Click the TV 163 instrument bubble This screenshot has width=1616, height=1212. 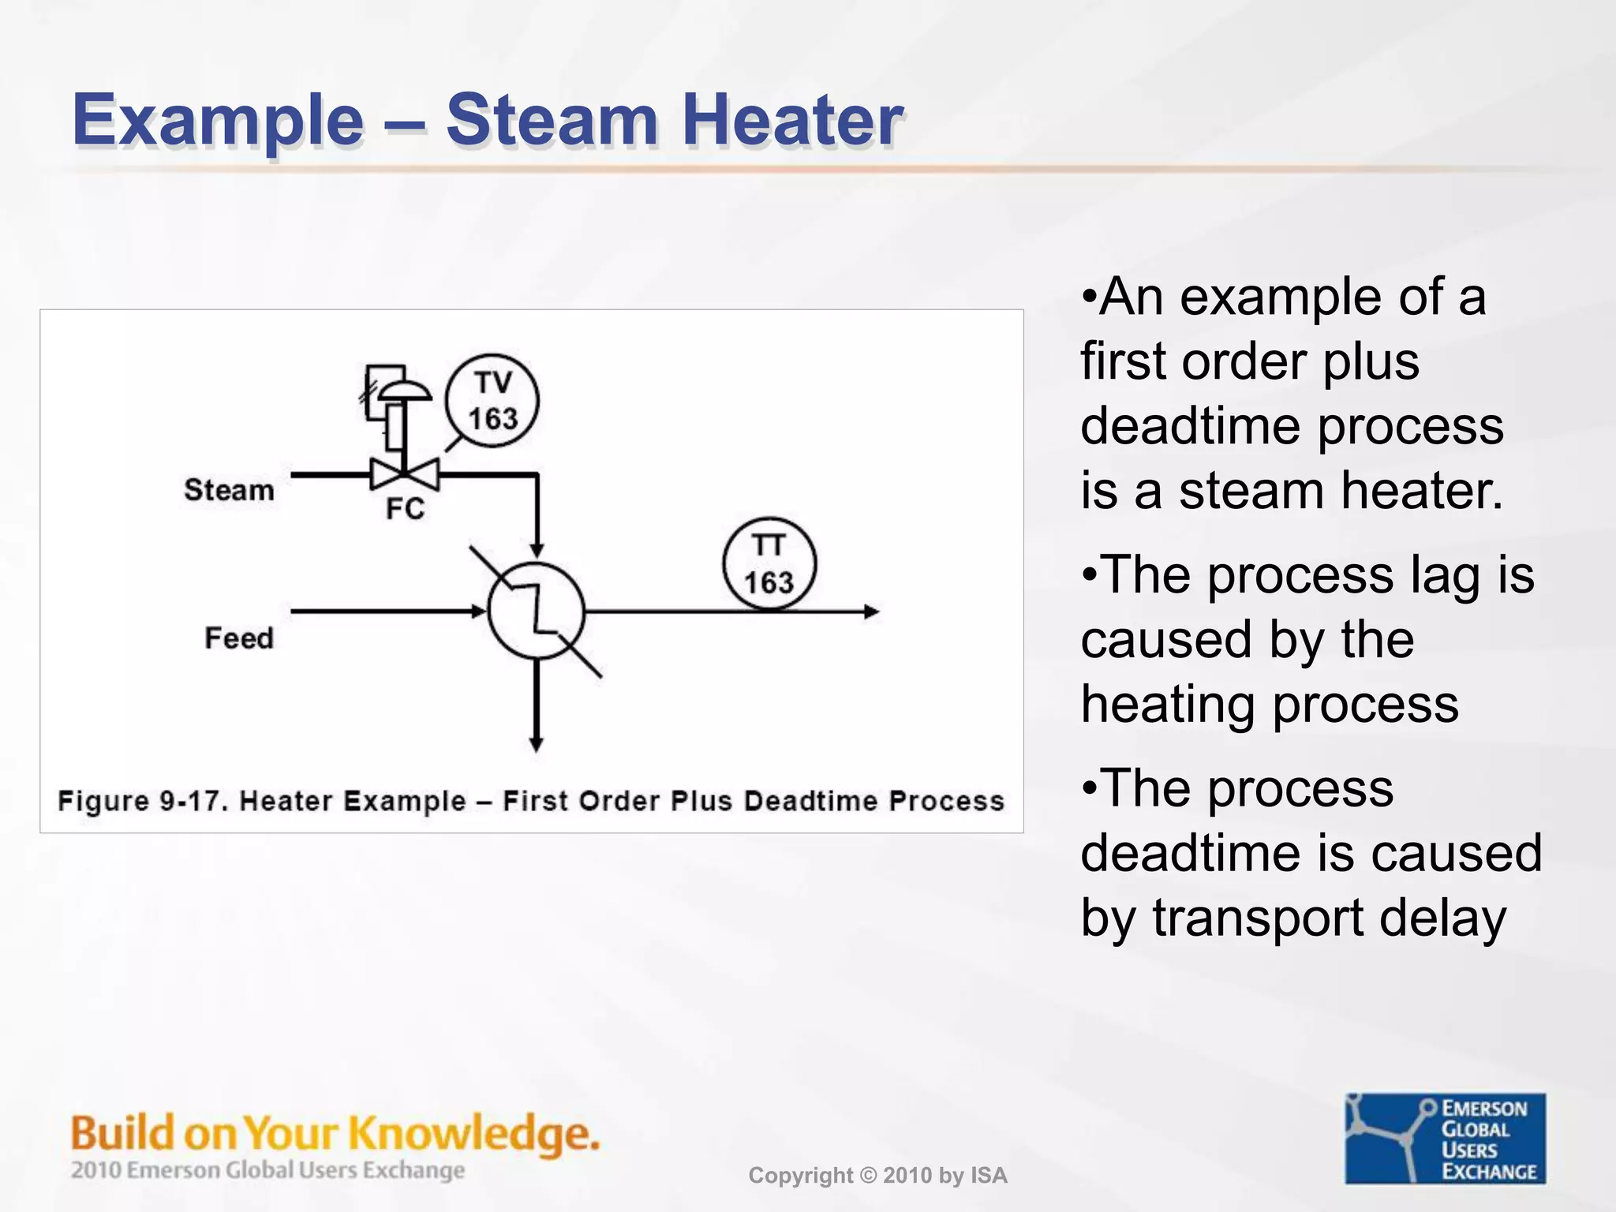coord(492,401)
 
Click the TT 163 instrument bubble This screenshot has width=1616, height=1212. coord(769,564)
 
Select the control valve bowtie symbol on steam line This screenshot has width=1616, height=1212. coord(405,475)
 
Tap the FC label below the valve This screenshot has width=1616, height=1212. coord(405,509)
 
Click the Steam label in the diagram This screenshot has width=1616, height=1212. coord(229,490)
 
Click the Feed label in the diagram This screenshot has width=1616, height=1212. coord(238,638)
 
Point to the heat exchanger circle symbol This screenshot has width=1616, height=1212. coord(537,611)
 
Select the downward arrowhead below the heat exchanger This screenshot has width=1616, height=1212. coord(536,744)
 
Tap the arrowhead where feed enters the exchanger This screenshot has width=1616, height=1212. coord(478,612)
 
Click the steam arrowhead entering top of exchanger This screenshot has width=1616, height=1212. coord(537,550)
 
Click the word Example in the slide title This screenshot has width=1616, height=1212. coord(218,120)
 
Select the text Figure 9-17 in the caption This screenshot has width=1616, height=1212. coord(142,801)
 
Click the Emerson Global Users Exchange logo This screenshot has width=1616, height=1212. coord(1445,1139)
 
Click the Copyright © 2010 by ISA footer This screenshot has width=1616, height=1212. coord(877,1176)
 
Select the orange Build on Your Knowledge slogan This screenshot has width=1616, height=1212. coord(335,1133)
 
